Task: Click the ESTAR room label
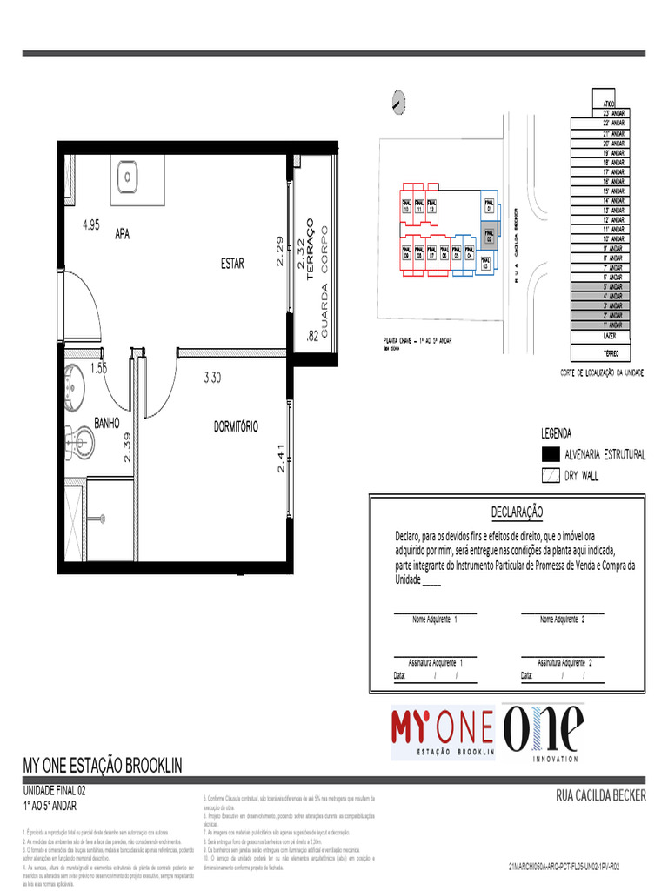[231, 265]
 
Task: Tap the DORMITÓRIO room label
[236, 426]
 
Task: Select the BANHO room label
[106, 423]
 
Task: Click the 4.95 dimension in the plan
[90, 224]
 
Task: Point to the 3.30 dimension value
[212, 378]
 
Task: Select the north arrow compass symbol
[398, 102]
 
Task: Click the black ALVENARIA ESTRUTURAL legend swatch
[550, 454]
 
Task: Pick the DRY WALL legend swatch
[550, 476]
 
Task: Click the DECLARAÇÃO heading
[517, 512]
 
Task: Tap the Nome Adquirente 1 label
[435, 620]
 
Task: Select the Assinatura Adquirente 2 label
[564, 662]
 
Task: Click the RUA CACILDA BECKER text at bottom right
[600, 794]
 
